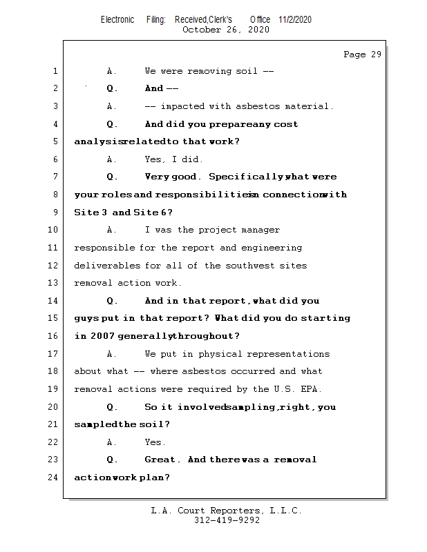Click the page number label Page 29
click(x=362, y=55)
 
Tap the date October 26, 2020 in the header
click(x=225, y=30)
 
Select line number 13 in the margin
click(x=55, y=283)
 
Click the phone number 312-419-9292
click(x=227, y=521)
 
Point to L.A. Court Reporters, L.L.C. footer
click(x=227, y=511)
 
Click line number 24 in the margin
click(x=55, y=477)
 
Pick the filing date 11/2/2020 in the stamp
click(x=295, y=19)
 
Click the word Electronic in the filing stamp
click(x=117, y=19)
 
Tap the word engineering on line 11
click(x=271, y=248)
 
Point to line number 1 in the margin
click(x=55, y=71)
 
